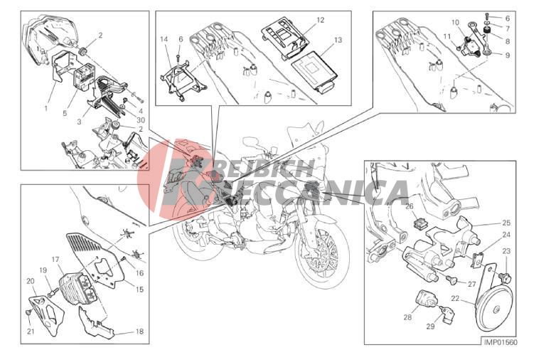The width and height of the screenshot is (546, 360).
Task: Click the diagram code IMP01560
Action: pos(500,342)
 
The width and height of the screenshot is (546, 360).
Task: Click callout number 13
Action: pos(338,40)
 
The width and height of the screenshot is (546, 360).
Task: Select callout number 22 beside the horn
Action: pos(455,299)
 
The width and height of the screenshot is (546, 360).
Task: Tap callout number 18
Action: pos(139,332)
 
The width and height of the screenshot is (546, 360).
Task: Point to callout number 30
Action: pos(141,120)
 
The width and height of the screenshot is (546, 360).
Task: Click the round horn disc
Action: pos(495,306)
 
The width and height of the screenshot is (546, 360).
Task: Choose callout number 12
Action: pos(321,20)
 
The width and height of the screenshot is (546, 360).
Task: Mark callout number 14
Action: pos(164,39)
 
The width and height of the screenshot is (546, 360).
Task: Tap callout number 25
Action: pos(506,223)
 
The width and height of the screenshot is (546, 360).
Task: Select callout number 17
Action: pos(55,260)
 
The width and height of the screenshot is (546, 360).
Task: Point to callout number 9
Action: pos(508,55)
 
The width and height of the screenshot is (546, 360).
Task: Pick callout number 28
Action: pos(407,317)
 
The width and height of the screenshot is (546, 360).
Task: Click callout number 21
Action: pos(31,332)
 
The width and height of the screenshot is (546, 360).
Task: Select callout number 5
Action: pos(65,113)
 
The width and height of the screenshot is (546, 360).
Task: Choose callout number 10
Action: pos(456,23)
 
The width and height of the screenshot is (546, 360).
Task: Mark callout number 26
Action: pos(409,206)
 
